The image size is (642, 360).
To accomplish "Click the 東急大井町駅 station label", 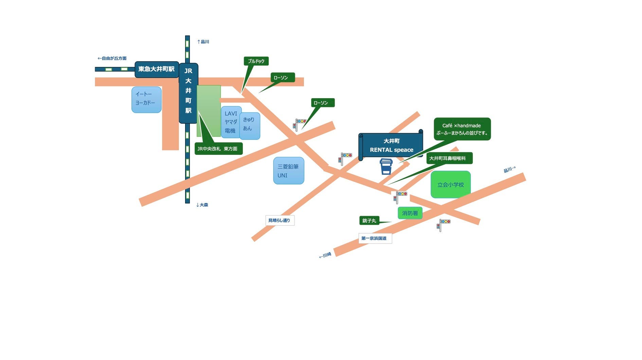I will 157,69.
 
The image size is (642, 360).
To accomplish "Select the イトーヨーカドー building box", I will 146,100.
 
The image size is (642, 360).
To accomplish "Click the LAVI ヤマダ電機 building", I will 231,122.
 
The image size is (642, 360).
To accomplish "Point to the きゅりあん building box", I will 250,126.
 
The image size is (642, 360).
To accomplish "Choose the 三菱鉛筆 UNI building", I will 289,171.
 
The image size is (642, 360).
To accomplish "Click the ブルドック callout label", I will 256,61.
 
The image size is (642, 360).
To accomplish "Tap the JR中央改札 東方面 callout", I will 218,149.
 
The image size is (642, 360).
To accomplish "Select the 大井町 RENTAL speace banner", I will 391,146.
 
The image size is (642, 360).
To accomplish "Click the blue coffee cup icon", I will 386,166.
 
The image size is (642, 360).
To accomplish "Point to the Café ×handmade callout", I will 462,129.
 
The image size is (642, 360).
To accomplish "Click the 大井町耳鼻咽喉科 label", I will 449,158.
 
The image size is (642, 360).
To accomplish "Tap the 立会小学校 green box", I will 450,185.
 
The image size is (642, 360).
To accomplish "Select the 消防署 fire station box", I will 410,213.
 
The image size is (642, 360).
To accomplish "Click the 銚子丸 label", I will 369,221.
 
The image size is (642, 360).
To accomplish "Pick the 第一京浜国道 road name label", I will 375,238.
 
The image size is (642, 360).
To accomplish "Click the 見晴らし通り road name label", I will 280,220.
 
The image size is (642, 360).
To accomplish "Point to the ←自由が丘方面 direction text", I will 112,58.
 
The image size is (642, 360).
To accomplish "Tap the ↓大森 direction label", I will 202,205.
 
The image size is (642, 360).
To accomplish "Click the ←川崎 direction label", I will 325,255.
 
